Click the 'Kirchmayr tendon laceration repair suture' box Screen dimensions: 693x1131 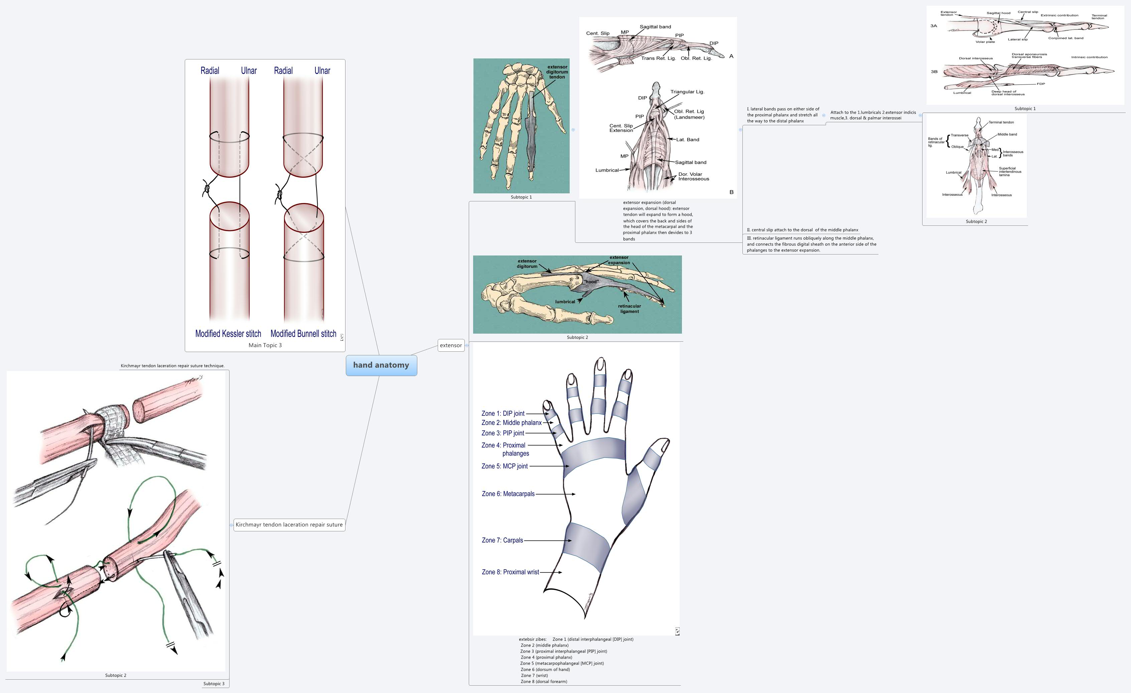point(289,525)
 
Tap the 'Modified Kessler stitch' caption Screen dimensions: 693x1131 point(228,334)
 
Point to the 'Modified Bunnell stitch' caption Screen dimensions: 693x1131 point(303,334)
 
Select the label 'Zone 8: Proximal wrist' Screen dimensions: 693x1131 point(510,572)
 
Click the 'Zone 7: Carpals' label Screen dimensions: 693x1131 point(502,540)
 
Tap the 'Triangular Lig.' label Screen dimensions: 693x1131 point(687,92)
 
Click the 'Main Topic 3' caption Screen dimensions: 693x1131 point(265,345)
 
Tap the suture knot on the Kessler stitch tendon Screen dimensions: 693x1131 point(207,188)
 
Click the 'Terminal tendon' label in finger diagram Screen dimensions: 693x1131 point(1001,123)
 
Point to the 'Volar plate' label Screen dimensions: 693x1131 point(985,42)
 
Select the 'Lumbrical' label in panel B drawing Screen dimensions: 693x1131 point(607,170)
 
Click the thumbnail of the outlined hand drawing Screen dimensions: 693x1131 point(576,489)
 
